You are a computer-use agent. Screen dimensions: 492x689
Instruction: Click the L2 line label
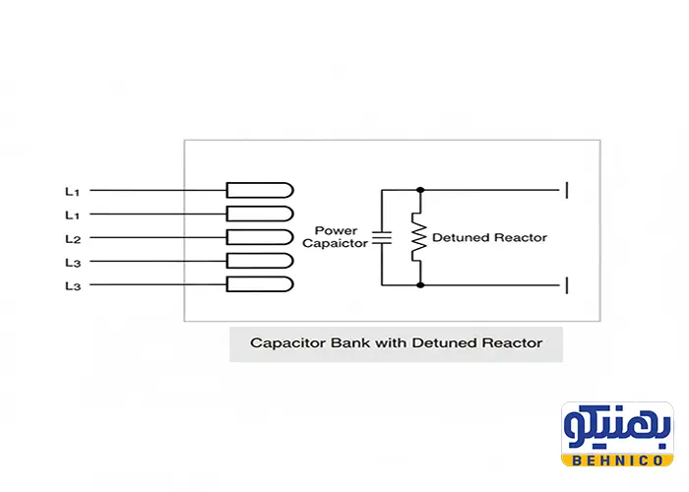click(72, 238)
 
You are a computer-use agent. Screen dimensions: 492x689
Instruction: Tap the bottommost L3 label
click(72, 285)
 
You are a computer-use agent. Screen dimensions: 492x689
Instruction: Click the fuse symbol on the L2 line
click(260, 237)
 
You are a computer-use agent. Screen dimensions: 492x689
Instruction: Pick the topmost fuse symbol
click(260, 190)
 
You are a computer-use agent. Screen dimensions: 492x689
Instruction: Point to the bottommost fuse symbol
click(260, 284)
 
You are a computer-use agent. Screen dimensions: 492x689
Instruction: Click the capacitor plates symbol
click(382, 237)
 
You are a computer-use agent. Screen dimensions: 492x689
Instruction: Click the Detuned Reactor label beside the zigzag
click(489, 237)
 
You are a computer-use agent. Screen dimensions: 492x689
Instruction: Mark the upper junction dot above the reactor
click(420, 189)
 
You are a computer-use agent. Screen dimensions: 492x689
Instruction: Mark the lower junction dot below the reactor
click(420, 285)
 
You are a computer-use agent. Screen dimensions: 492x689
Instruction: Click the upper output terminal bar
click(566, 189)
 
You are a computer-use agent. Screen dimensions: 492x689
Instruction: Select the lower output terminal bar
click(566, 285)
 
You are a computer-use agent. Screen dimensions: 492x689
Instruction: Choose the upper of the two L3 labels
click(72, 262)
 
